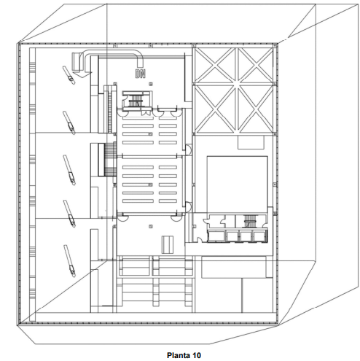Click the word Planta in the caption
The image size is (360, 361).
[179, 355]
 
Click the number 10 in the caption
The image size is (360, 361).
[197, 355]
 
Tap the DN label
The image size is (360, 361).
[141, 74]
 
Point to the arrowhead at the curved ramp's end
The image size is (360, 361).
[82, 75]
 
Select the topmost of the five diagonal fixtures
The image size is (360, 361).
[69, 75]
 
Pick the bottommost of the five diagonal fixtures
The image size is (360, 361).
[70, 261]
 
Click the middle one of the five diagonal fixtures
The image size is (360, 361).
[69, 170]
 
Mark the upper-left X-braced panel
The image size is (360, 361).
[215, 65]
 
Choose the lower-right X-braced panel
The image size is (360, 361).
[255, 109]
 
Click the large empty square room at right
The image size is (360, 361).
[237, 185]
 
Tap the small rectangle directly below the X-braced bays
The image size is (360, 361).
[251, 142]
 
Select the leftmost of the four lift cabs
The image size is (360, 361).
[216, 236]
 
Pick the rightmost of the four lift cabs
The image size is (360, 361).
[259, 236]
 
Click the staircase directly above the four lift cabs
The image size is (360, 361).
[249, 221]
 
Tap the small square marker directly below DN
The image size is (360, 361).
[151, 84]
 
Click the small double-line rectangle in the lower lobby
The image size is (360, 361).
[168, 244]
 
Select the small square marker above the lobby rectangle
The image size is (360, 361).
[151, 227]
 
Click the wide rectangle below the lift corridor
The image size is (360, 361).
[234, 267]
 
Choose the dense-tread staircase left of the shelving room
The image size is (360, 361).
[111, 159]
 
